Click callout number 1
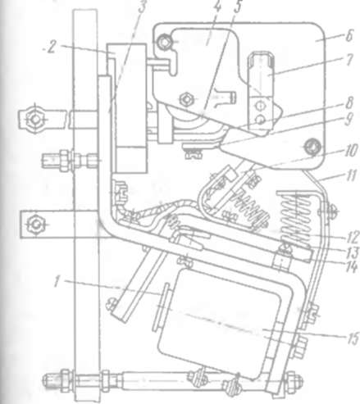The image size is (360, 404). [57, 281]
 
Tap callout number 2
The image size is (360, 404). [51, 48]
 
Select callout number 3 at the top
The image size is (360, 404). [142, 7]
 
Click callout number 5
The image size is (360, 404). [238, 7]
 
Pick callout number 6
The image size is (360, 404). [349, 35]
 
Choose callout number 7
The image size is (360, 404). [349, 60]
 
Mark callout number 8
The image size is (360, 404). [349, 102]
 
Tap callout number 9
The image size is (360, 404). [349, 119]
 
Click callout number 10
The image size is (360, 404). [350, 150]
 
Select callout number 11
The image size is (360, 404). [350, 175]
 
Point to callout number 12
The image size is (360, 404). [353, 237]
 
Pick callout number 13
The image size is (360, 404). [353, 252]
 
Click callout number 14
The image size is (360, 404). [352, 267]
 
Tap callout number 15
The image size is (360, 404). [353, 338]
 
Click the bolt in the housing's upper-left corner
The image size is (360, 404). [164, 42]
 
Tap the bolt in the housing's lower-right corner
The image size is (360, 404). [312, 148]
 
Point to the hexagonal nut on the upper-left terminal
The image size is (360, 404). [34, 119]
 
